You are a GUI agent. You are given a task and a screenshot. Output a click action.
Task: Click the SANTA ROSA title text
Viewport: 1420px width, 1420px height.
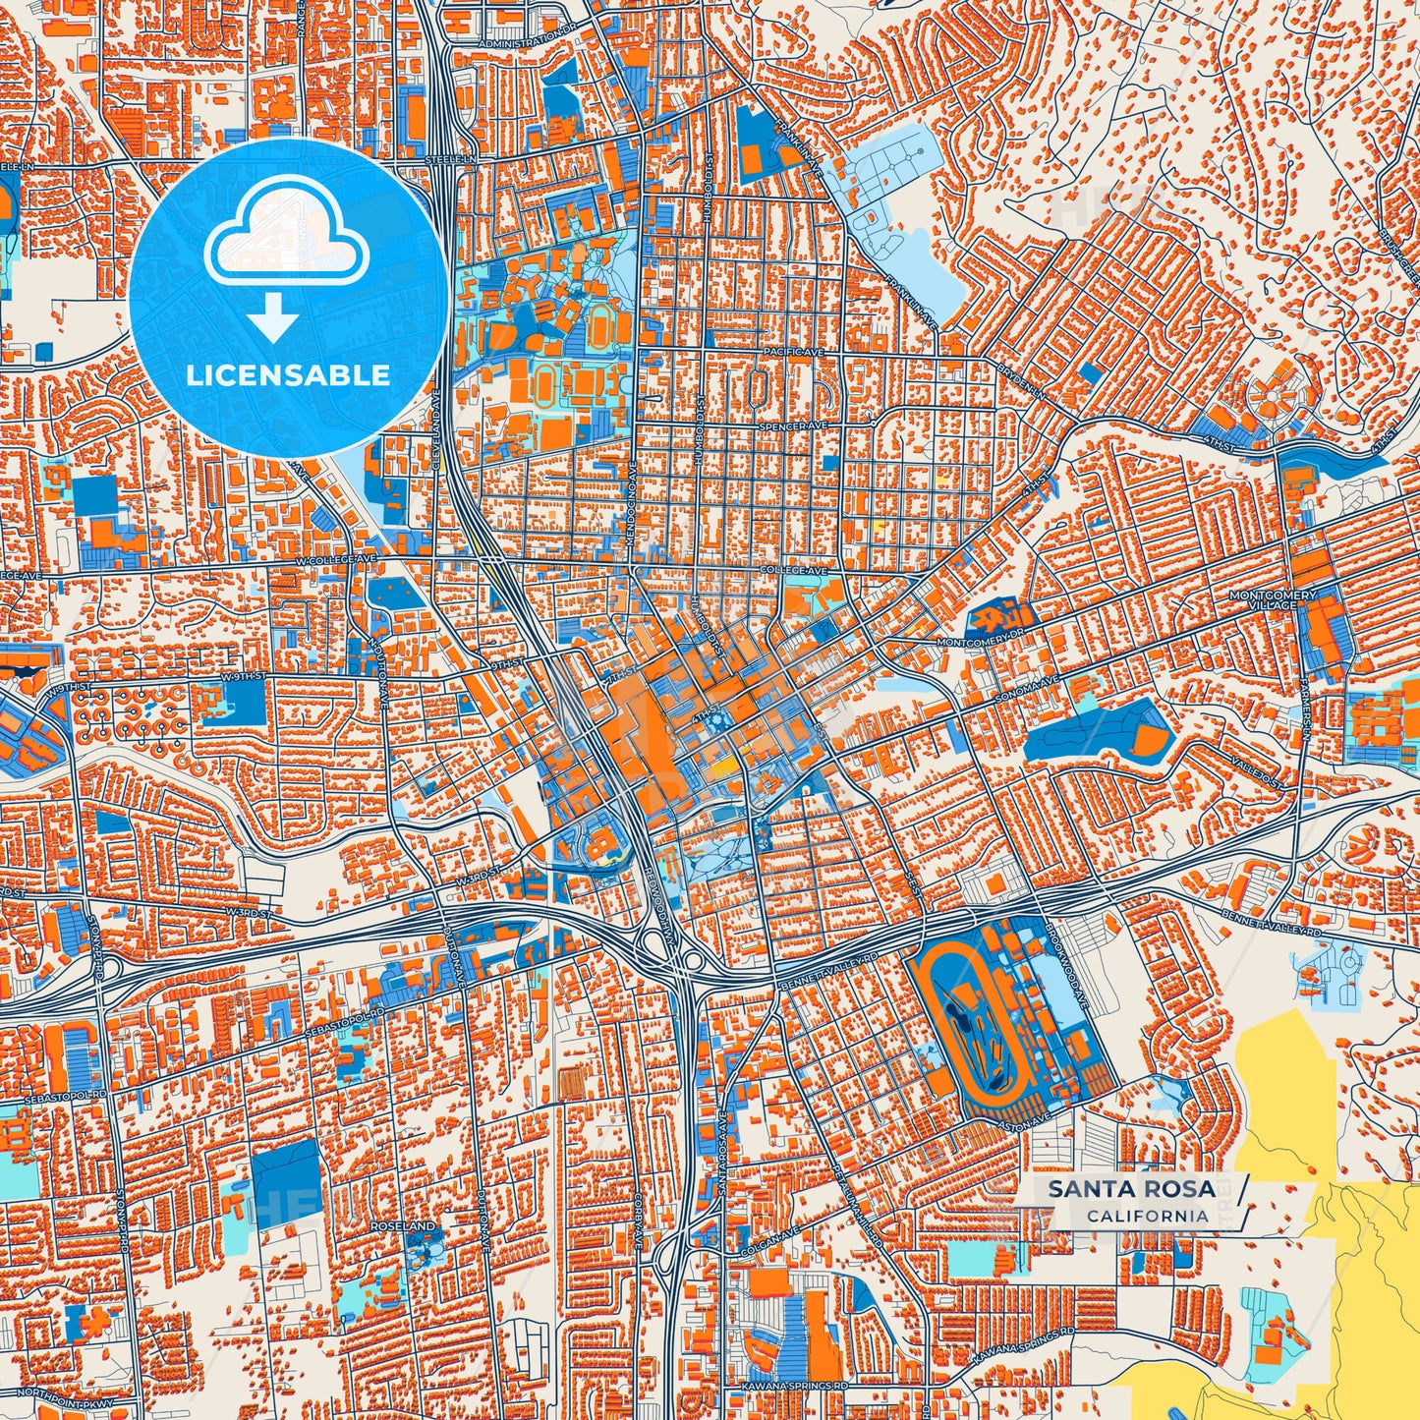pyautogui.click(x=1130, y=1189)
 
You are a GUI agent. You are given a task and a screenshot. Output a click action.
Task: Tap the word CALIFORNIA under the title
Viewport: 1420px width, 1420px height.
pyautogui.click(x=1148, y=1216)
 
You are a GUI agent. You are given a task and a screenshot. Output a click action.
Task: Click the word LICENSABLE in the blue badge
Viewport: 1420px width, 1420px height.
pyautogui.click(x=288, y=374)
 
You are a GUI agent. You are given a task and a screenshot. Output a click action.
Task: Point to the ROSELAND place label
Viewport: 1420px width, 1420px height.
pyautogui.click(x=403, y=1227)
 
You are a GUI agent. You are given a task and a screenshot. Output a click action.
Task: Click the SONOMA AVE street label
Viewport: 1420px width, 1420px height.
pyautogui.click(x=1033, y=681)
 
